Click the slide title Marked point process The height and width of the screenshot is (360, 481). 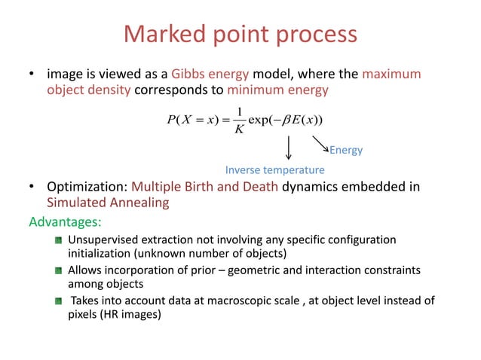coord(240,35)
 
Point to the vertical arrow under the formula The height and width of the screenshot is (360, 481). coord(289,147)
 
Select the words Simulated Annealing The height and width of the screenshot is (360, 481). coord(108,203)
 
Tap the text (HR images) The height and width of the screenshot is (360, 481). coord(136,316)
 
